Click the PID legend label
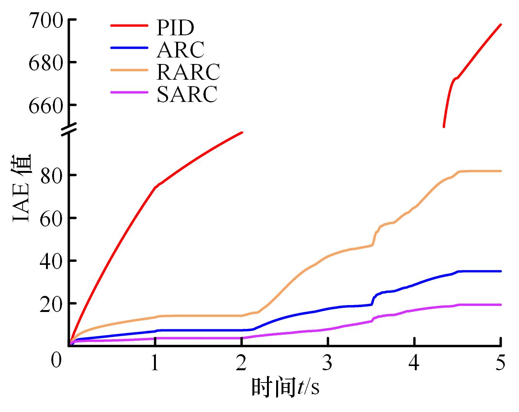[x=175, y=27]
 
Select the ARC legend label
[x=180, y=49]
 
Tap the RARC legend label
[x=188, y=71]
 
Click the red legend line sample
[x=129, y=26]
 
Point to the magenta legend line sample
[x=129, y=92]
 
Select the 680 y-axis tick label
[x=44, y=62]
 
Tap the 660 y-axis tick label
[x=44, y=105]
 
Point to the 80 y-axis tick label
[x=52, y=176]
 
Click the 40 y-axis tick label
[x=52, y=261]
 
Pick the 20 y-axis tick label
[x=52, y=304]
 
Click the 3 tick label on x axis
[x=327, y=362]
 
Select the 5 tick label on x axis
[x=500, y=362]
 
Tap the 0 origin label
[x=56, y=361]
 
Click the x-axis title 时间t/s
[x=285, y=387]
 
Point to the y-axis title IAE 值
[x=22, y=188]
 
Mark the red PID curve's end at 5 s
[x=501, y=25]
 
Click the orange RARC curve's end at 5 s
[x=501, y=171]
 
